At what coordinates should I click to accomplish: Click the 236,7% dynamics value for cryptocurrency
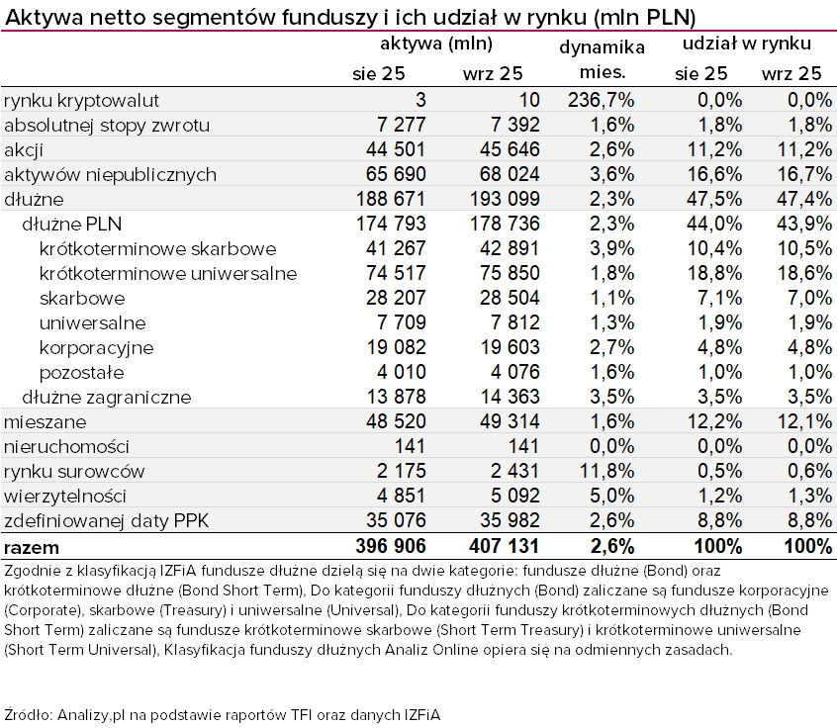(602, 100)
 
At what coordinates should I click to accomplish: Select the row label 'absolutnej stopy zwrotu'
(107, 125)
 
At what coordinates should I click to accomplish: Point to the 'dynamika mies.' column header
(602, 59)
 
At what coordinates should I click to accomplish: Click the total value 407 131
(497, 546)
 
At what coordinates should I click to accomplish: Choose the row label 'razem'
(32, 546)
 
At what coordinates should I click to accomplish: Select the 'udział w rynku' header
(747, 45)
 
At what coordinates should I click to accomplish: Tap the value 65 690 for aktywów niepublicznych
(389, 174)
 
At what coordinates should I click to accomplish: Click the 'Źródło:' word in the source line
(29, 713)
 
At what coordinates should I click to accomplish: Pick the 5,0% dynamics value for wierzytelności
(611, 496)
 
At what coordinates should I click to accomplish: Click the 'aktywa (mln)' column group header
(436, 45)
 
